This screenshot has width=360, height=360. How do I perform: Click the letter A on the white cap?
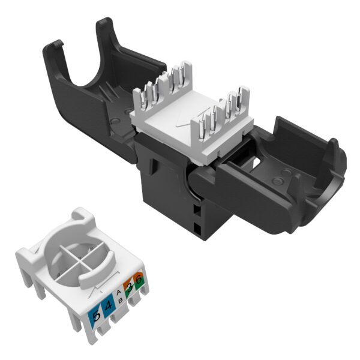click(119, 293)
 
